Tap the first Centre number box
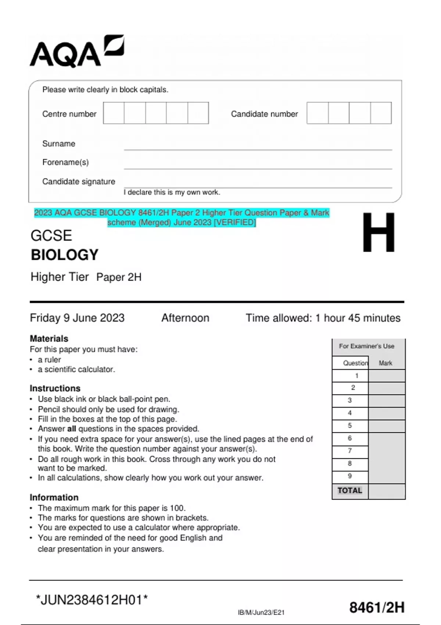(x=114, y=113)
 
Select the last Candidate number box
(x=381, y=113)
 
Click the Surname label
(x=59, y=144)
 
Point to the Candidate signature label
(x=79, y=182)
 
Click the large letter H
(x=379, y=233)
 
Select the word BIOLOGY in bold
(x=65, y=255)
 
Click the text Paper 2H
(x=119, y=277)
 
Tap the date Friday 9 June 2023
(x=77, y=318)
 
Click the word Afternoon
(x=185, y=318)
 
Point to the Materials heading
(x=49, y=339)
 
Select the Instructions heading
(x=55, y=389)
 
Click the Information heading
(x=54, y=497)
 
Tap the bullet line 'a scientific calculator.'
(x=76, y=369)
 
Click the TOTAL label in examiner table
(x=349, y=490)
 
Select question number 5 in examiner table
(x=350, y=426)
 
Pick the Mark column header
(x=386, y=363)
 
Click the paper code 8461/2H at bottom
(x=377, y=608)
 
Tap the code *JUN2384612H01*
(x=92, y=600)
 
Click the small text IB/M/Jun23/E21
(x=261, y=612)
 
